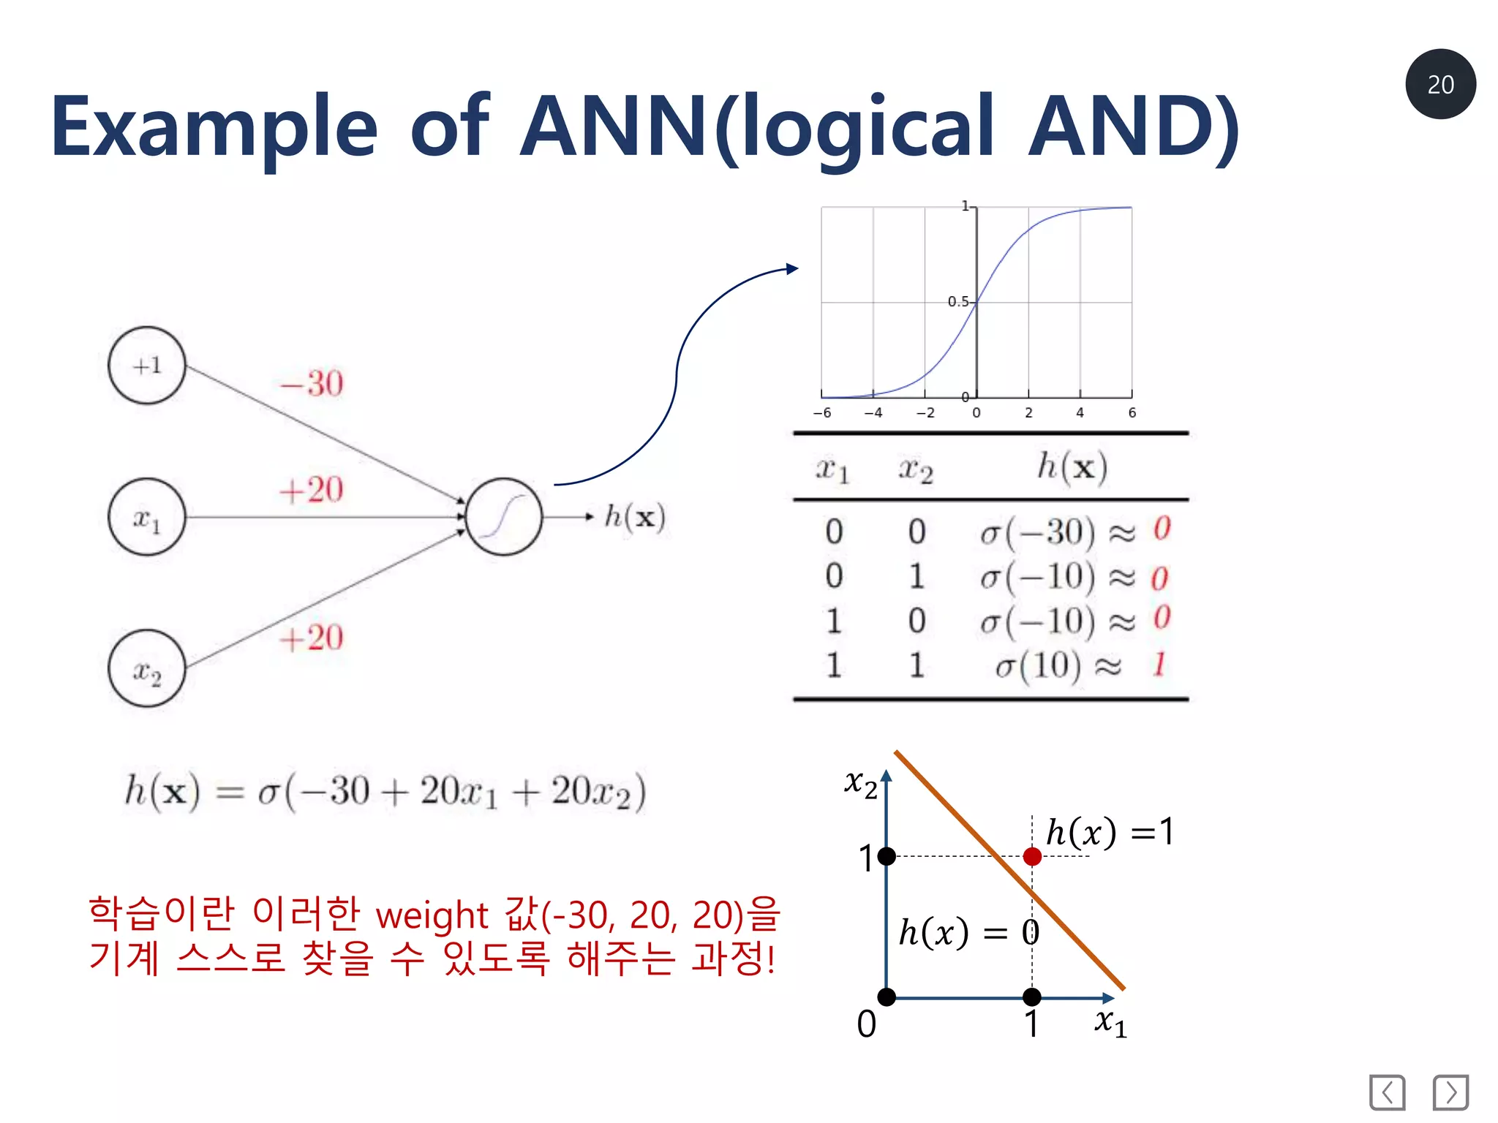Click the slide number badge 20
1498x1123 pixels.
[1439, 84]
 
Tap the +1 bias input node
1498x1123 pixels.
[146, 365]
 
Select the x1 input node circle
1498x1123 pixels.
[146, 517]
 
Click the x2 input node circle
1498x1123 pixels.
[146, 668]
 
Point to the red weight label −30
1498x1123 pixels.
[312, 383]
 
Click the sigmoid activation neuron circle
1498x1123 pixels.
[504, 517]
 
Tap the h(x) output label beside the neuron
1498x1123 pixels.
[634, 517]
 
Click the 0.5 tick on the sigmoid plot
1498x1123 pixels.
[957, 301]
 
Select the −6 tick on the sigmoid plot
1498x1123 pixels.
[822, 413]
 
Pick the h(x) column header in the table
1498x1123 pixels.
[1072, 467]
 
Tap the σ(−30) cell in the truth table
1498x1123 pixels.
[1039, 532]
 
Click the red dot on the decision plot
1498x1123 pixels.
[1032, 856]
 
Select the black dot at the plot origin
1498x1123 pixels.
[887, 997]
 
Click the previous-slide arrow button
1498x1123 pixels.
[1387, 1092]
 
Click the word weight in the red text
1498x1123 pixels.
[432, 915]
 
